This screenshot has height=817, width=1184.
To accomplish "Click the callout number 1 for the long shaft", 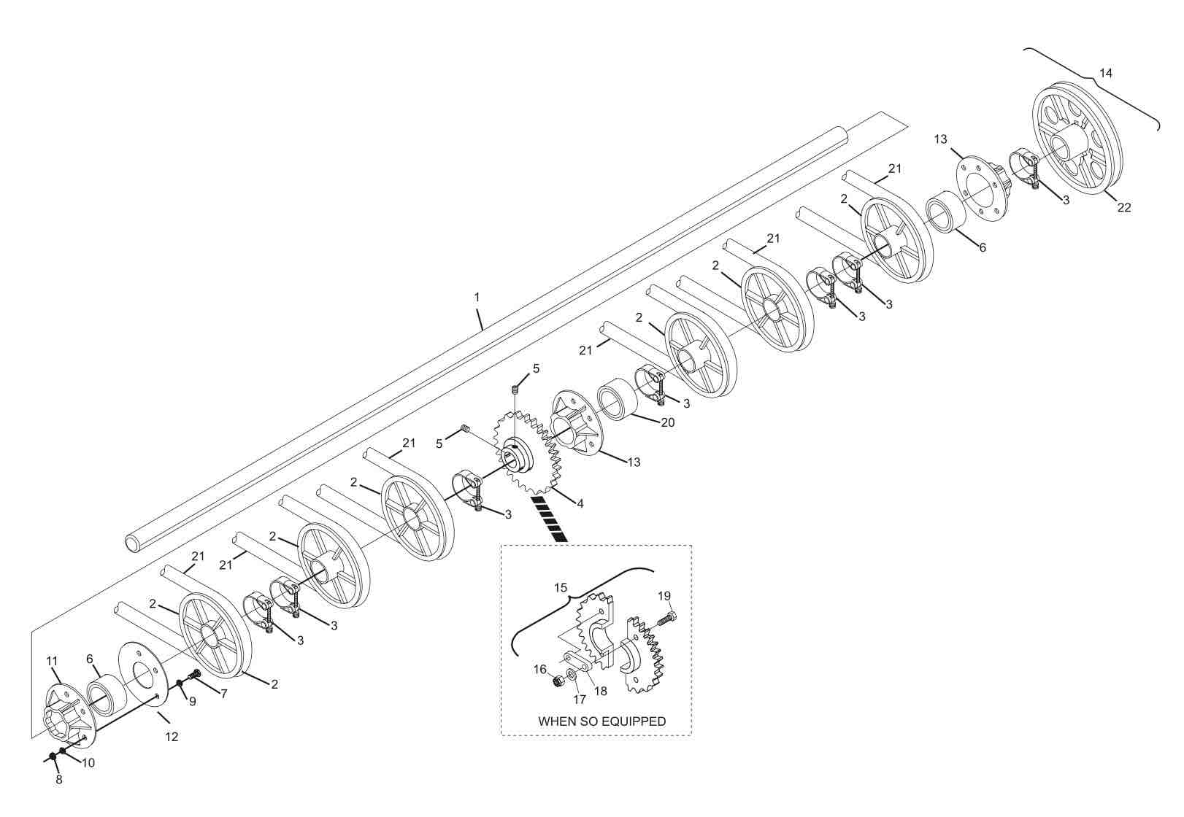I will click(477, 298).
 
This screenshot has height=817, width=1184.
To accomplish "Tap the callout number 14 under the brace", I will click(1106, 73).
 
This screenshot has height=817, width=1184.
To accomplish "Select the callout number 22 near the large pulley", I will click(1124, 207).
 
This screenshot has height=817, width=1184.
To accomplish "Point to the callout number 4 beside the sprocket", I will click(580, 503).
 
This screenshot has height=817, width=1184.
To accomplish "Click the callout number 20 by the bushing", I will click(667, 422).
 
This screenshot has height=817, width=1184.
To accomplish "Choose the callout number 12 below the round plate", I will click(171, 737).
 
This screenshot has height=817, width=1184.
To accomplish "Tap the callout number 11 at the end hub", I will click(52, 662).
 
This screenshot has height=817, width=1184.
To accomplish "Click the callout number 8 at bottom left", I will click(59, 780).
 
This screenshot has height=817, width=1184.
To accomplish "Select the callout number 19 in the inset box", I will click(664, 596).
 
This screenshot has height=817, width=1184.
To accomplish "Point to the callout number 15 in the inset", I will click(560, 587).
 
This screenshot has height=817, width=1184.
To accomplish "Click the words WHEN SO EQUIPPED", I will click(601, 721).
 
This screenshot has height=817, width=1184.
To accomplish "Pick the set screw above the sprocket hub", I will click(514, 391).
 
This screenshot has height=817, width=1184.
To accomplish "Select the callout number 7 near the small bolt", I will click(223, 694).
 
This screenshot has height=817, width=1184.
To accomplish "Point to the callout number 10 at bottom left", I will click(88, 763).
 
